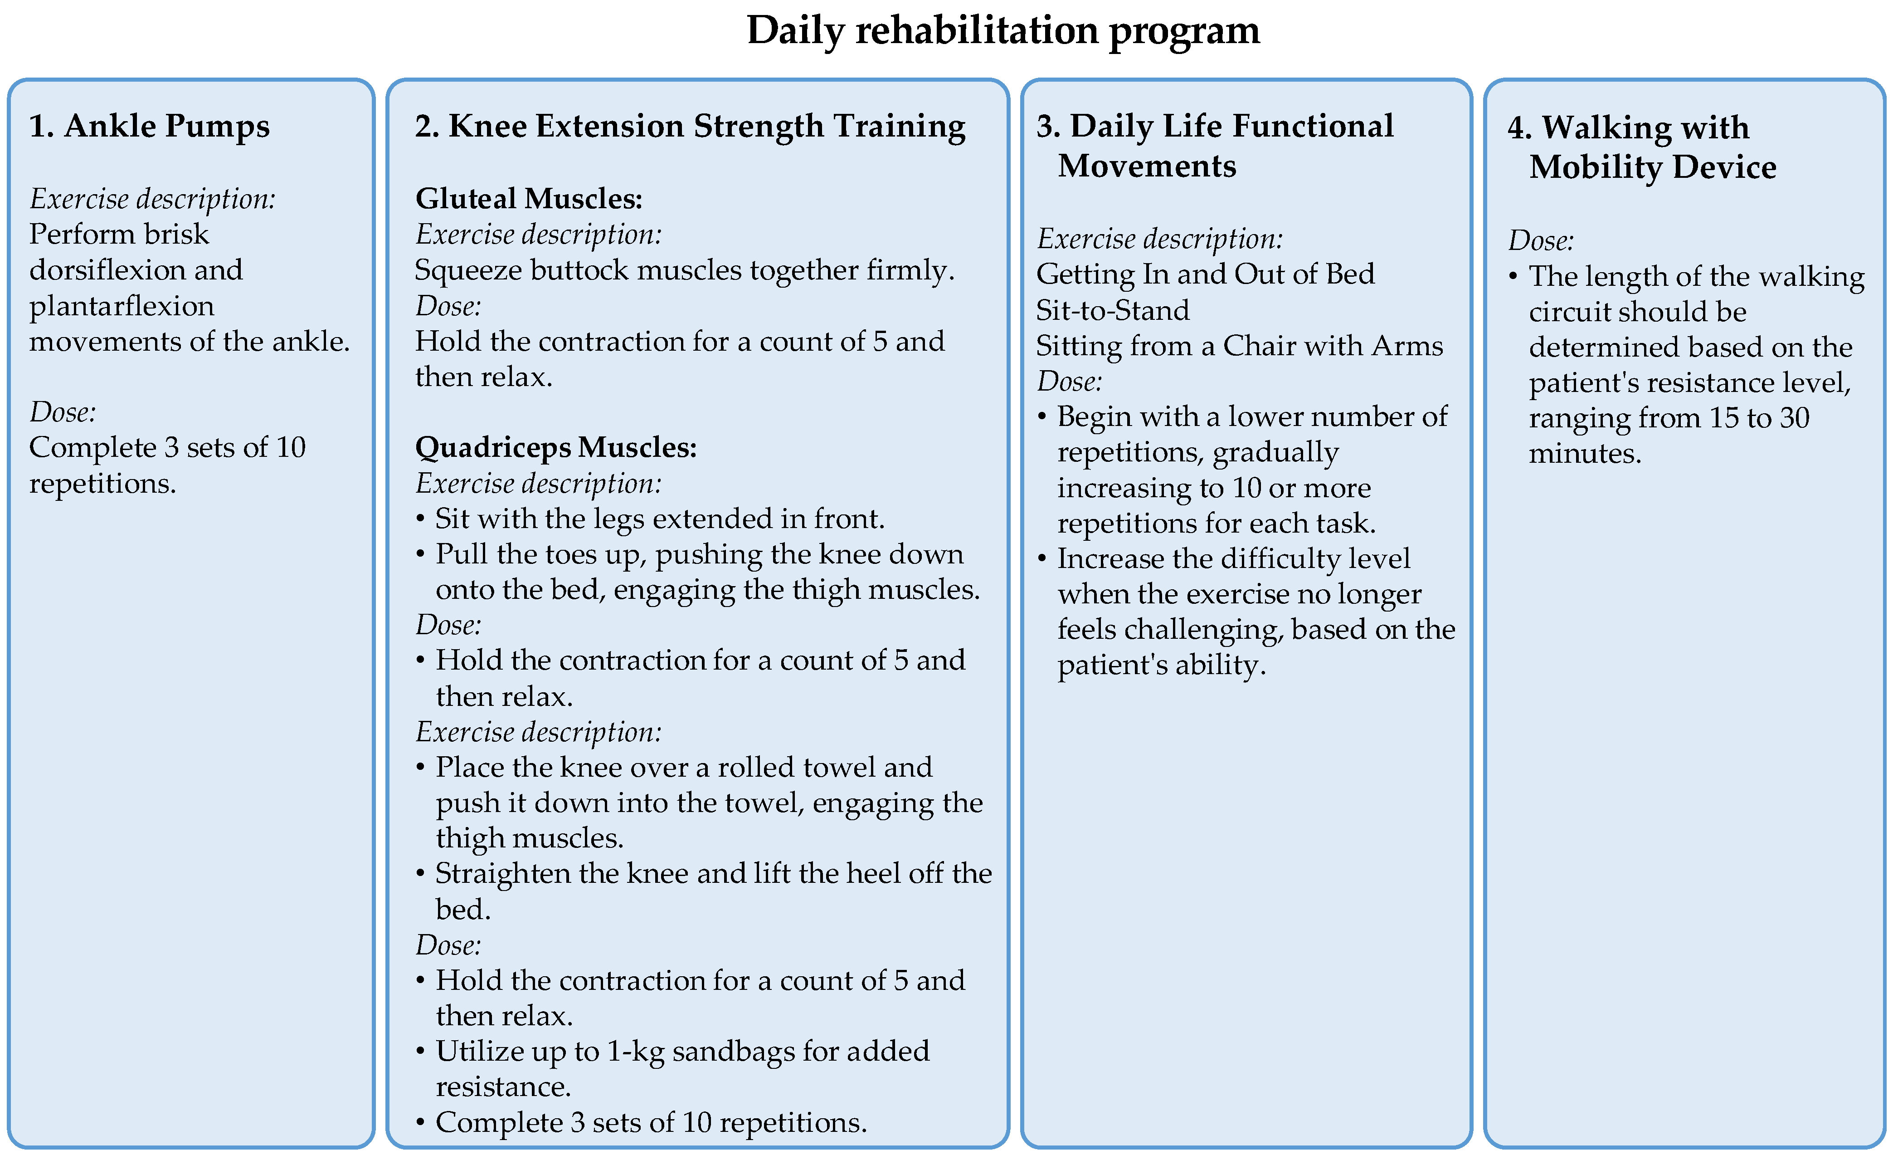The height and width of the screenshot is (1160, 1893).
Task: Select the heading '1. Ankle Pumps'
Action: coord(149,126)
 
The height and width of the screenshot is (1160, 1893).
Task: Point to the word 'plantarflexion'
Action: coord(122,306)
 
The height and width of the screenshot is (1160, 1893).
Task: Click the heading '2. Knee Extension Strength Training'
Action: coord(690,126)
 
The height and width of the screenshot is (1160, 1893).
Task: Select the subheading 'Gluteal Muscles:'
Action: coord(529,198)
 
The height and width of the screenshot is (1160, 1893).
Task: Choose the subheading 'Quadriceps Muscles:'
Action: coord(555,447)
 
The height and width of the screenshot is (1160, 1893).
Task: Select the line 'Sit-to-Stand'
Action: coord(1112,310)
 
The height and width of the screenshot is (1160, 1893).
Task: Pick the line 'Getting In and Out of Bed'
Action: coord(1205,274)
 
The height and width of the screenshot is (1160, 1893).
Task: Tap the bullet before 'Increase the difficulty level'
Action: coord(1042,559)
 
